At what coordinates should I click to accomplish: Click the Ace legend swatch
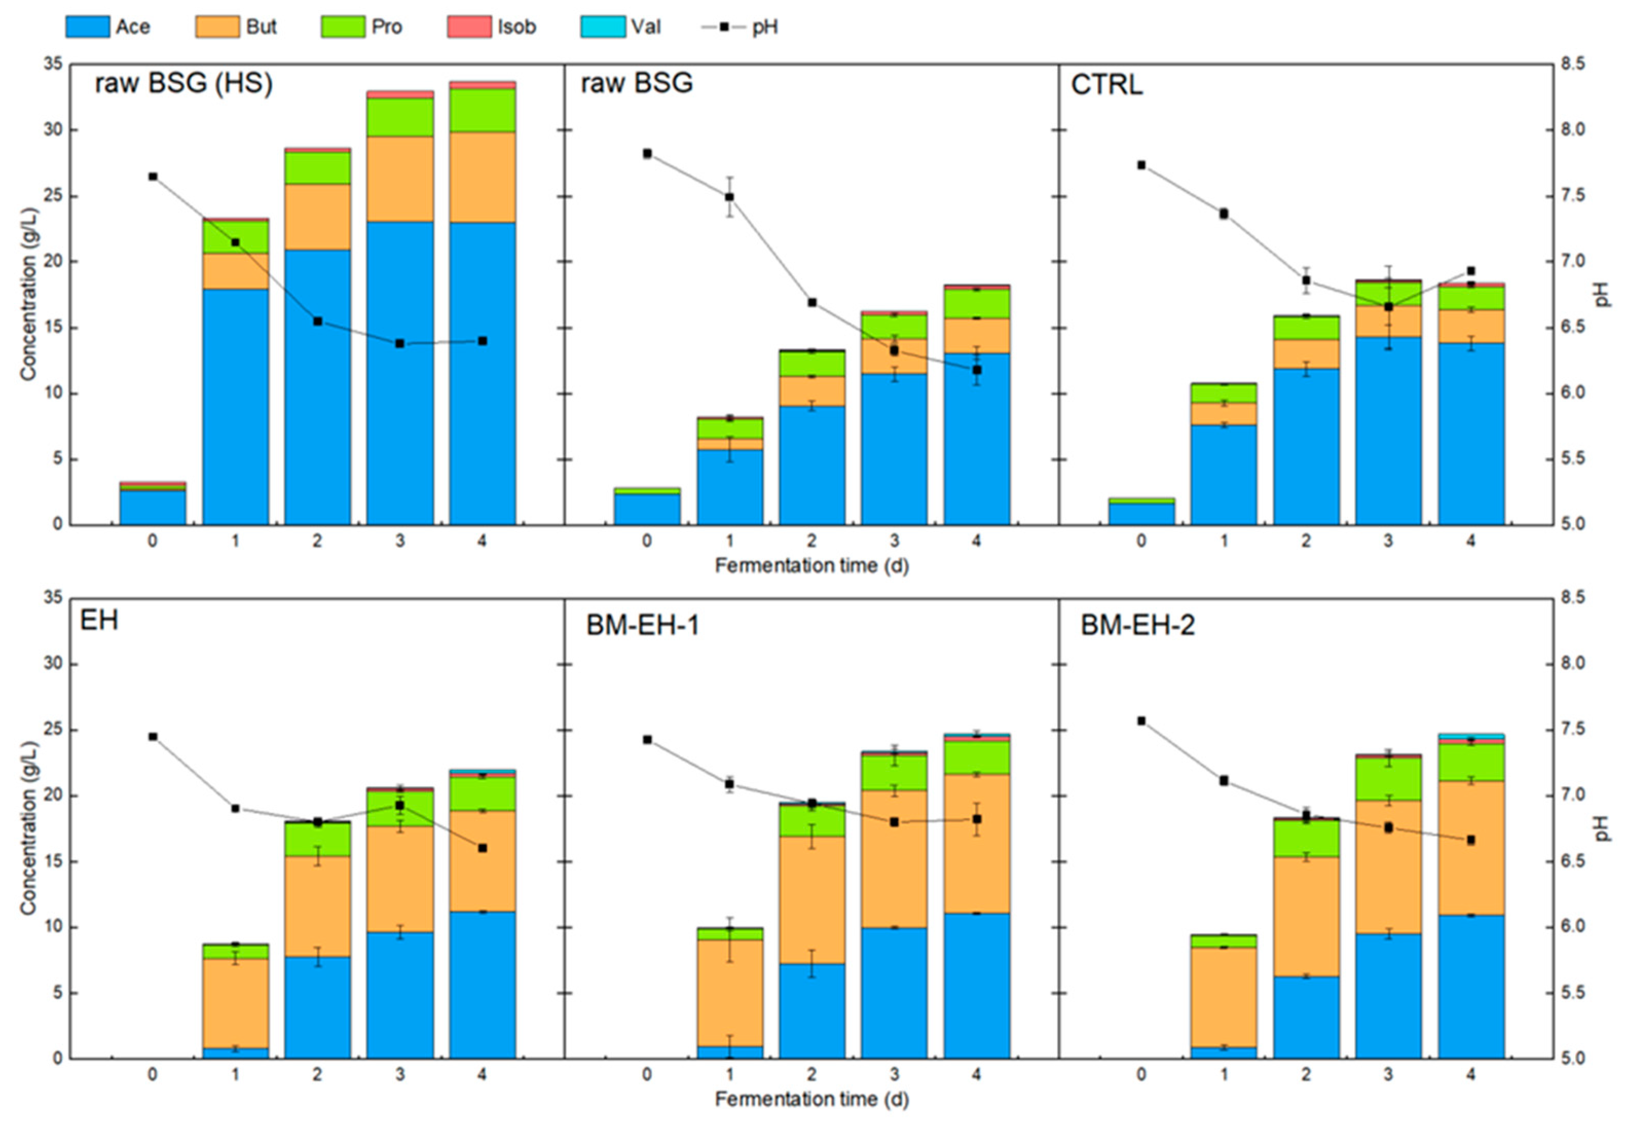coord(87,27)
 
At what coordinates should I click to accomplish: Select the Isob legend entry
coord(492,27)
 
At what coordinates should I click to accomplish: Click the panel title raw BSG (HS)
coord(183,83)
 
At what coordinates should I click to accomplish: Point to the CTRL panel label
coord(1107,85)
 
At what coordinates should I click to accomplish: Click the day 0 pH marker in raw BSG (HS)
coord(153,176)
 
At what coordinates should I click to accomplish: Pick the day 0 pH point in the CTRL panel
coord(1141,165)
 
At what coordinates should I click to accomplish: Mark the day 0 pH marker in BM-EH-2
coord(1141,721)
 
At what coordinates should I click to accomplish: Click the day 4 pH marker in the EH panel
coord(483,848)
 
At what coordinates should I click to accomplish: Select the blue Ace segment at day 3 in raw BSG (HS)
coord(400,373)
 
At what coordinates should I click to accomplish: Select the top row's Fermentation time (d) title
coord(812,565)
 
